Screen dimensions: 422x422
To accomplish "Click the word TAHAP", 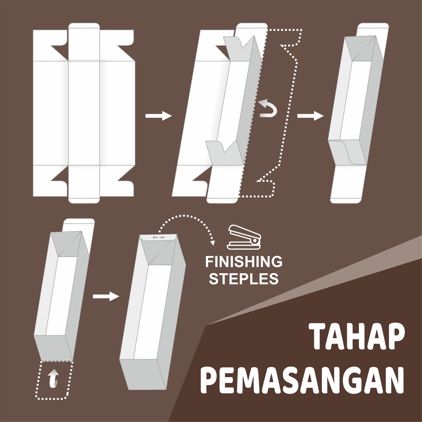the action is (356, 336).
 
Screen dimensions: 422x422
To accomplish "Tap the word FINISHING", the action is (244, 262).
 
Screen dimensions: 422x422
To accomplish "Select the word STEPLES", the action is (244, 279).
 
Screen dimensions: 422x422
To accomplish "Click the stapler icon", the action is (244, 237).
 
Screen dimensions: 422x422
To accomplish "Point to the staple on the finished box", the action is (159, 237).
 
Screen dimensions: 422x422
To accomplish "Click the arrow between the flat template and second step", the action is (159, 116).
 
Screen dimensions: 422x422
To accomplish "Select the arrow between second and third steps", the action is (310, 116).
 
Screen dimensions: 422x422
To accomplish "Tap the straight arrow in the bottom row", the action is (106, 296).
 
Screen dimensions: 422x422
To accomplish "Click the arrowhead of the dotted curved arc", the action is (213, 243).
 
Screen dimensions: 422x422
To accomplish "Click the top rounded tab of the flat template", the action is (84, 27).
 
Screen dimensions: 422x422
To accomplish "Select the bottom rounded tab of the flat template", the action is (84, 199).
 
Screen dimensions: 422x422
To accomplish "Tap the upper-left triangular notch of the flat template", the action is (60, 52).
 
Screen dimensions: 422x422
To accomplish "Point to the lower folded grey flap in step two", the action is (224, 153).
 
